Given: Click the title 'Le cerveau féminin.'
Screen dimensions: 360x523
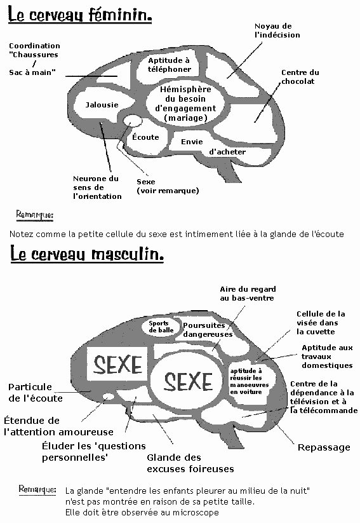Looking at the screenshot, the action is click(80, 15).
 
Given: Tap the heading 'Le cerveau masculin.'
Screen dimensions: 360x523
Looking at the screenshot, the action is click(87, 254).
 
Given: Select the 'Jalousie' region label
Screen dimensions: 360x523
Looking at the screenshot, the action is click(102, 105).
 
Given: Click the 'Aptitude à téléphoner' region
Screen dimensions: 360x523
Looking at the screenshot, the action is click(170, 65).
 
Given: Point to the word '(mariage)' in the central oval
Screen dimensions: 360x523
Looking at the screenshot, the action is click(185, 118).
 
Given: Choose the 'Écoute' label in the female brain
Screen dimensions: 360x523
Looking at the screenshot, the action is click(145, 137).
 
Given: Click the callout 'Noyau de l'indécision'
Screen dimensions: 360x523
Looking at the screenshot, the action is click(277, 31).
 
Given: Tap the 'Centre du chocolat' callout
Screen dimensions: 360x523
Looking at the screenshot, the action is click(300, 77).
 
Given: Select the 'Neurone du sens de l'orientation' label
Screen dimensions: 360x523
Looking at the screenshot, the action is click(97, 187).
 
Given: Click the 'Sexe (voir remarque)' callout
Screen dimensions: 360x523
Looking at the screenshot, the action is click(168, 186).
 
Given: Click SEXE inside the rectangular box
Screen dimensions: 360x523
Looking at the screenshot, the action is click(117, 364).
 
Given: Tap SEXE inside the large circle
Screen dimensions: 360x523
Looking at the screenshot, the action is click(188, 381).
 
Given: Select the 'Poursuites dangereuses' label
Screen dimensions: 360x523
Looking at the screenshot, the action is click(208, 330).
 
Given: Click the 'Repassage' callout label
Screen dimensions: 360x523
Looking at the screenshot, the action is click(324, 447).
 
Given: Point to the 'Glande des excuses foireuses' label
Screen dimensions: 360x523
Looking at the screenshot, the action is click(190, 463).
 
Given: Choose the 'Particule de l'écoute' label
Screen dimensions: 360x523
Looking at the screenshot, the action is click(36, 393).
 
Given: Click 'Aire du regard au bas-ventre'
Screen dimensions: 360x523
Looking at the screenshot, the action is click(248, 294).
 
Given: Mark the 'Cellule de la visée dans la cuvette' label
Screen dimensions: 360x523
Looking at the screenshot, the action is click(321, 323).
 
